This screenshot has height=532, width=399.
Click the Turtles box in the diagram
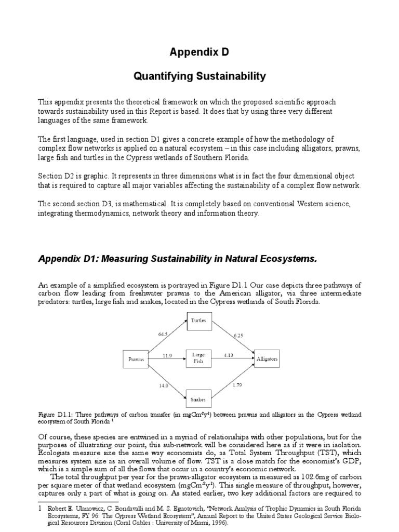click(198, 321)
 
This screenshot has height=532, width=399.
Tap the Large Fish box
click(198, 358)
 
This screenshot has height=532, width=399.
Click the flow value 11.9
click(167, 355)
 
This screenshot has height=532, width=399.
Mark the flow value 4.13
click(229, 355)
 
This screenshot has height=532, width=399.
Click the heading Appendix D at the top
click(199, 52)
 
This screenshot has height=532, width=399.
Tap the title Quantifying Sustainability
click(199, 76)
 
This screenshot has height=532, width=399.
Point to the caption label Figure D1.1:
click(55, 414)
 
